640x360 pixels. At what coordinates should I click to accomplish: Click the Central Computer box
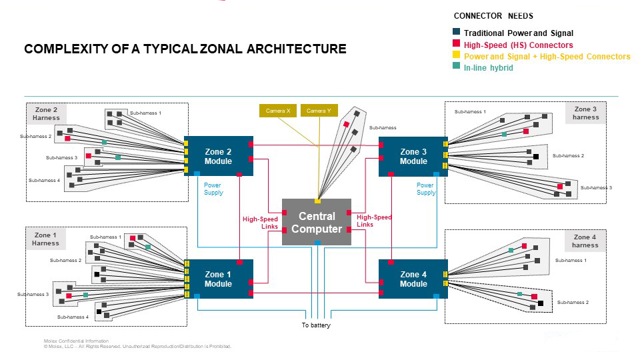pyautogui.click(x=317, y=222)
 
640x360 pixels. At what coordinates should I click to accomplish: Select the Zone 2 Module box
pyautogui.click(x=218, y=157)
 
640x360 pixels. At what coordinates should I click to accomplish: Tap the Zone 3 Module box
pyautogui.click(x=413, y=157)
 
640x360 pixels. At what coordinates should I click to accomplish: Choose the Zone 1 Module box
pyautogui.click(x=218, y=279)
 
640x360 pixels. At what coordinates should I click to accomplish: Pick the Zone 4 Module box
pyautogui.click(x=413, y=279)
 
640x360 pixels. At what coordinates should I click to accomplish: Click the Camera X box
pyautogui.click(x=278, y=111)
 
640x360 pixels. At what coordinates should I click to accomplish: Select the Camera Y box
pyautogui.click(x=319, y=111)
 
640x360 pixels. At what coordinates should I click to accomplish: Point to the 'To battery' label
pyautogui.click(x=315, y=325)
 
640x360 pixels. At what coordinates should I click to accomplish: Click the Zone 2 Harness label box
pyautogui.click(x=46, y=114)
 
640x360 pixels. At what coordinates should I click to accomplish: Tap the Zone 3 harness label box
pyautogui.click(x=585, y=113)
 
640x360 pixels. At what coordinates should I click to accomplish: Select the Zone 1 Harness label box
pyautogui.click(x=46, y=239)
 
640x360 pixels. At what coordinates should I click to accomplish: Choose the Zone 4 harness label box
pyautogui.click(x=585, y=241)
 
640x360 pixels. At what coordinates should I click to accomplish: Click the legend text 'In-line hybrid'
pyautogui.click(x=488, y=68)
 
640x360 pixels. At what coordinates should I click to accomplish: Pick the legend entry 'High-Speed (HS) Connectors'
pyautogui.click(x=518, y=45)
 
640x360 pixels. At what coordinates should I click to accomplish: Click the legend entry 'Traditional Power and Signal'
pyautogui.click(x=518, y=33)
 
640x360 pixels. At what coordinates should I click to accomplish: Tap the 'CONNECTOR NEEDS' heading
pyautogui.click(x=493, y=16)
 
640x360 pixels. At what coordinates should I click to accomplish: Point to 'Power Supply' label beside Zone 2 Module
pyautogui.click(x=213, y=189)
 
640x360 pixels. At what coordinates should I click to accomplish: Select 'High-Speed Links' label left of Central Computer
pyautogui.click(x=260, y=222)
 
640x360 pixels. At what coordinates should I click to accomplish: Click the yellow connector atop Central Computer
pyautogui.click(x=317, y=201)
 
